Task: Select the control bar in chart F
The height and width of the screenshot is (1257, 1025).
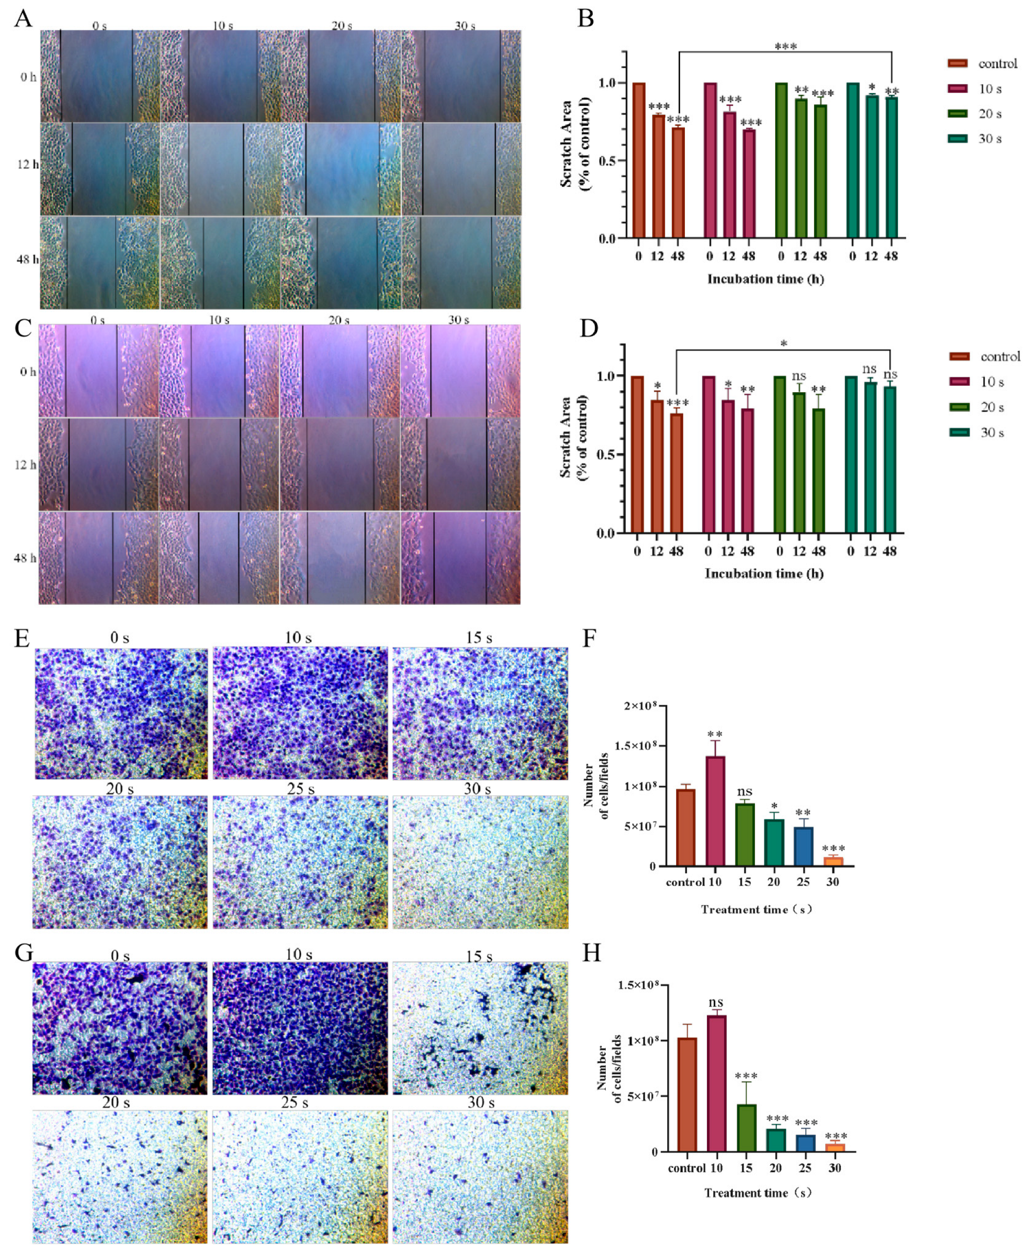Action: [685, 827]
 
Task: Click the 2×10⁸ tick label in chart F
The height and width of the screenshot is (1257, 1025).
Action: [646, 706]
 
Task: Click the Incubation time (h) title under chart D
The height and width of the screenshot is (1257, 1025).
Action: [764, 574]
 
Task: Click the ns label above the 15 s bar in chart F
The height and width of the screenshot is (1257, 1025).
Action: [744, 791]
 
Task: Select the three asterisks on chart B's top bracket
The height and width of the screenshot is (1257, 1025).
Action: [785, 46]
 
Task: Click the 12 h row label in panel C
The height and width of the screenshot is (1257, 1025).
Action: [25, 465]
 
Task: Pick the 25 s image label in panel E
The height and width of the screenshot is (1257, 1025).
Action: [300, 789]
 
